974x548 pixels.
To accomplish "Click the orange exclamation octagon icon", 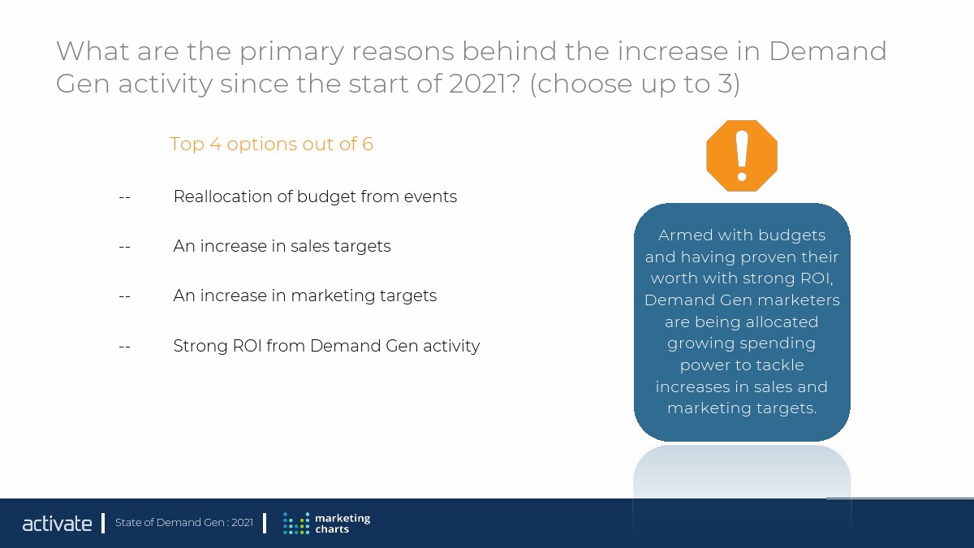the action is click(742, 156).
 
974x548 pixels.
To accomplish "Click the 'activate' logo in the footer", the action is click(57, 523).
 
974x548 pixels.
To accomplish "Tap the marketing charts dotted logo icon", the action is click(296, 523).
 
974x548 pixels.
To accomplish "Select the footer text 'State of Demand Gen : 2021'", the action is click(184, 522).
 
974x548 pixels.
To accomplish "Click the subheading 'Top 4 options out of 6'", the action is click(271, 144).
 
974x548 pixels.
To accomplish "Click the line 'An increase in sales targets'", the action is click(282, 247).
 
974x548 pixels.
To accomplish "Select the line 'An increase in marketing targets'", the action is click(305, 296).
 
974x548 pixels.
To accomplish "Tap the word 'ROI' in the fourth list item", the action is click(247, 346).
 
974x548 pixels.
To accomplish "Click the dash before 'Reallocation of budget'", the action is click(124, 197).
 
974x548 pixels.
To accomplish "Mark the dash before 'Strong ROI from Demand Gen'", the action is click(124, 347).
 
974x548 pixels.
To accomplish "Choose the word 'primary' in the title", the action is click(291, 52).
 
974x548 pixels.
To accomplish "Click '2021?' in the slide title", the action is click(485, 84).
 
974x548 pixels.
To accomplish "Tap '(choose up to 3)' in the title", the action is click(635, 84).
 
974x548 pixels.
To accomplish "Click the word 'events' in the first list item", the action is click(430, 197).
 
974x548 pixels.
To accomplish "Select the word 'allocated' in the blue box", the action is click(778, 321).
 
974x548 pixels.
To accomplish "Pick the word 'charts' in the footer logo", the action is click(332, 529).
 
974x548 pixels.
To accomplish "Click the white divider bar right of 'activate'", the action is click(103, 523).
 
